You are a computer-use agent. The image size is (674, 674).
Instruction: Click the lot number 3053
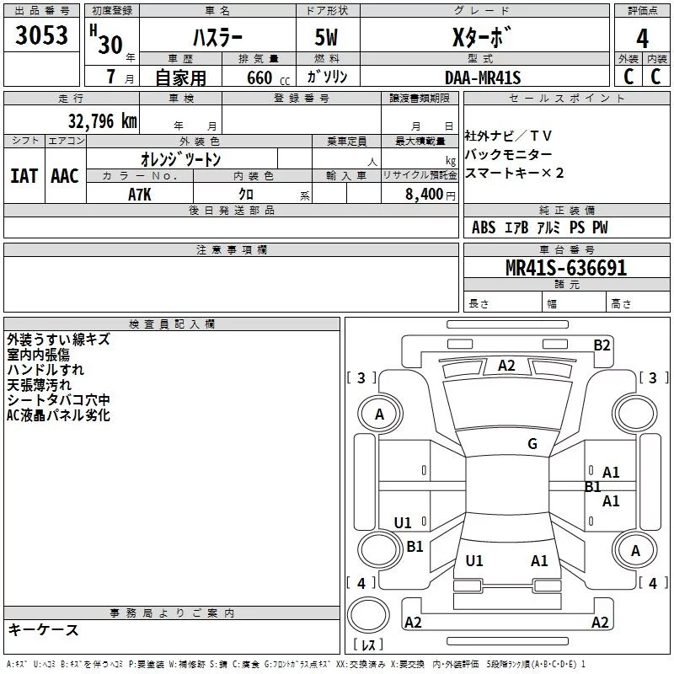click(41, 35)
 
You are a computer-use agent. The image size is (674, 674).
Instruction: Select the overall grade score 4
click(642, 39)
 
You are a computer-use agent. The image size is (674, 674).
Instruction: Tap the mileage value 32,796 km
click(102, 121)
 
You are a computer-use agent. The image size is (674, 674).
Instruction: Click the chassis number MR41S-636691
click(566, 268)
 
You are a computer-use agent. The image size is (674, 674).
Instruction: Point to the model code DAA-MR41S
click(483, 78)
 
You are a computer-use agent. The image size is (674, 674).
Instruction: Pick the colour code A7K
click(140, 195)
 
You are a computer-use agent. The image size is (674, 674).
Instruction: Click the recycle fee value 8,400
click(425, 195)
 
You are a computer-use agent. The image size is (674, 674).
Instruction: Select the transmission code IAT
click(24, 176)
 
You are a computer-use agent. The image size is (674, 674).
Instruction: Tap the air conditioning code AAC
click(65, 176)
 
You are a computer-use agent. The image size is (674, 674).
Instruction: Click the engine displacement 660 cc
click(268, 78)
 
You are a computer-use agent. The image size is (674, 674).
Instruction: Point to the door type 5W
click(326, 37)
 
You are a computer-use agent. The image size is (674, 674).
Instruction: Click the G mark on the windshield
click(532, 443)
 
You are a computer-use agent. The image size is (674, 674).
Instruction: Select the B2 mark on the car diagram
click(602, 345)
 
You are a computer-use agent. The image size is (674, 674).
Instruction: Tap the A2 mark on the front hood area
click(506, 366)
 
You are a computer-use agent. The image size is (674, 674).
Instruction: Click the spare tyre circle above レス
click(368, 614)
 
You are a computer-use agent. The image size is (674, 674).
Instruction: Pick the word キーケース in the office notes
click(44, 629)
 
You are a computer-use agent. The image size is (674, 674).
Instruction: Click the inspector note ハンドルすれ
click(45, 370)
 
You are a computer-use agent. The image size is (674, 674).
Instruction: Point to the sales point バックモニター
click(509, 154)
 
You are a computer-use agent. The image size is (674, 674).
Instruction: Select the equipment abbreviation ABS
click(484, 227)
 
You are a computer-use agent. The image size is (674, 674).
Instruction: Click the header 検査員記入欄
click(172, 324)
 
